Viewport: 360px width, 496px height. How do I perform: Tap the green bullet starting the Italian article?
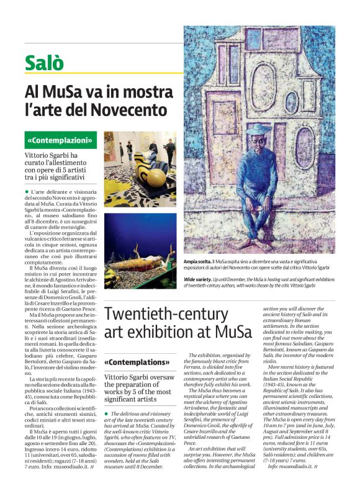click(x=28, y=194)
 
